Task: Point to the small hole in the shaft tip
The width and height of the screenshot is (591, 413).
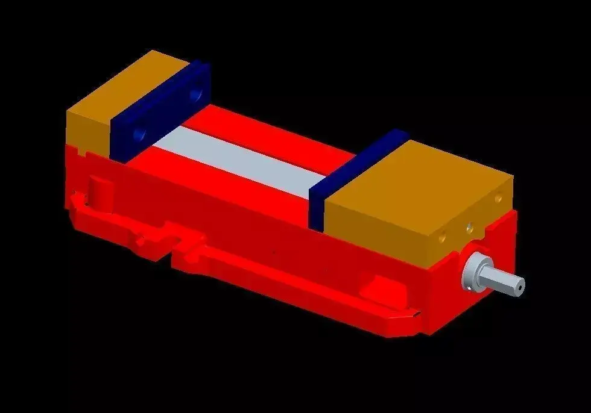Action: (517, 288)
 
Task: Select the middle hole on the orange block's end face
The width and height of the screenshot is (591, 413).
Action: (468, 228)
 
